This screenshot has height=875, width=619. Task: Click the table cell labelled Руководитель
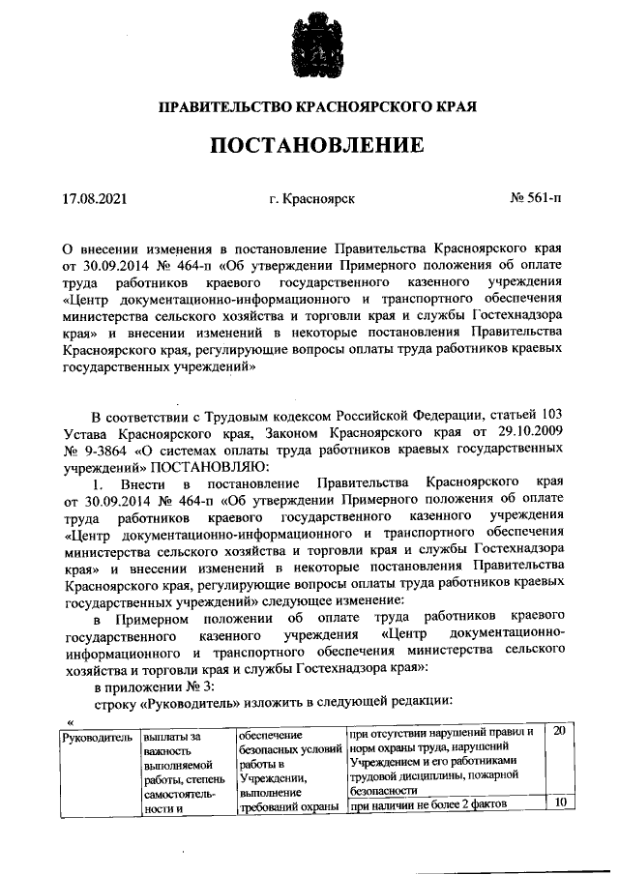(96, 737)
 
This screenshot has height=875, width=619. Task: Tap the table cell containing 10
(558, 802)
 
